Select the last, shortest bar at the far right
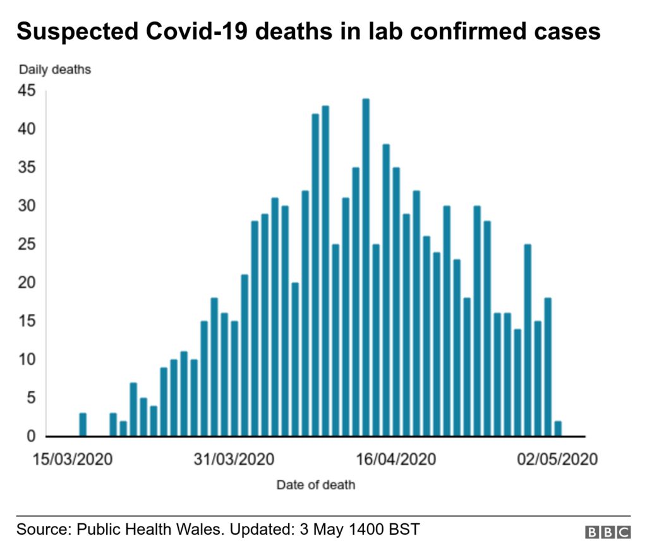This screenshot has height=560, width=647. (558, 429)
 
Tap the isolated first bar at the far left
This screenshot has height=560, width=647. (83, 424)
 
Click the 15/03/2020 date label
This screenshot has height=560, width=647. (73, 459)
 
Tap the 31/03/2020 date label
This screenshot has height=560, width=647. (234, 459)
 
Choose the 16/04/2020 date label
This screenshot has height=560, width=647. (396, 459)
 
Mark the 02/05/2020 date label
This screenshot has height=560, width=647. (557, 459)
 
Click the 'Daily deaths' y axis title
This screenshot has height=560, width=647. (55, 70)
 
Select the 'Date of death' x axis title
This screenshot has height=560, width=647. (315, 485)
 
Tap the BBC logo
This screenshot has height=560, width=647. (608, 532)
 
